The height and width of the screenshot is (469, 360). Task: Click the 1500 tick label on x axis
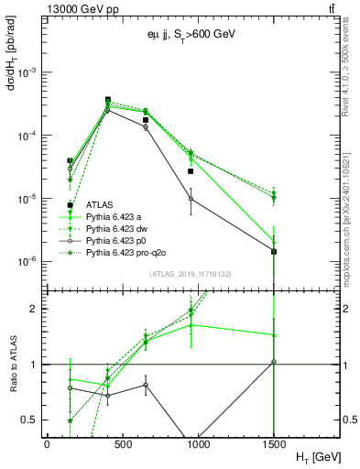[274, 443]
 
